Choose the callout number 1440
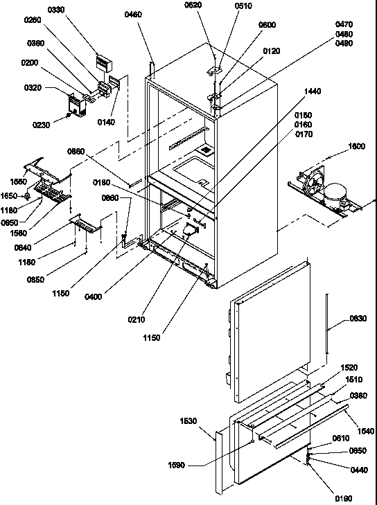[313, 92]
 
